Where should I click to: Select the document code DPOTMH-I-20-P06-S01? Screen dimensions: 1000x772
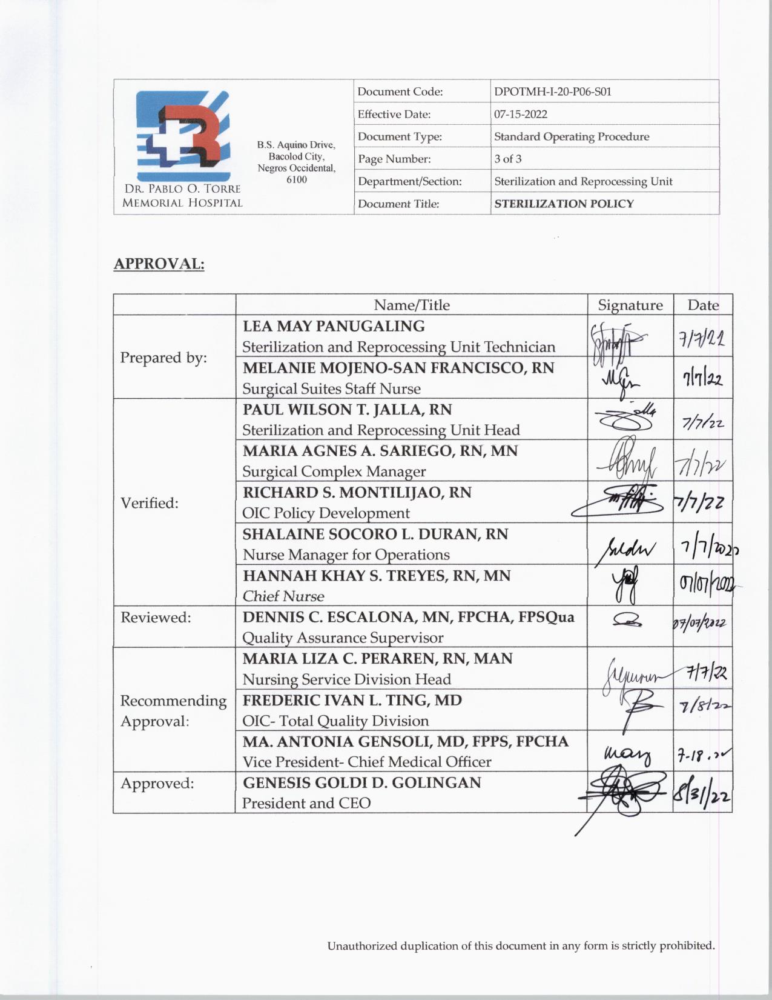552,92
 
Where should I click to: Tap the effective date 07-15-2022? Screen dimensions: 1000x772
521,114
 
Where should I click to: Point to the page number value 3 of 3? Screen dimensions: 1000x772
507,159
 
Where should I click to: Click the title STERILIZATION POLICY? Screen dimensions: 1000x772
564,204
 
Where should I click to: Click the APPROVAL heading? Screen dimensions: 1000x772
159,264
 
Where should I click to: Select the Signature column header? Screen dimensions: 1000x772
630,305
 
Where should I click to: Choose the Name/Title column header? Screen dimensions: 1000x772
411,305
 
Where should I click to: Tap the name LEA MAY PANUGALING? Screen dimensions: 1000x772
334,326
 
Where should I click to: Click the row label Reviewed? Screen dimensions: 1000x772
156,618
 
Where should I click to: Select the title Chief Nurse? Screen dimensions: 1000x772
283,596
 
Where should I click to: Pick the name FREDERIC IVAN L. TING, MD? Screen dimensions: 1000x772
352,701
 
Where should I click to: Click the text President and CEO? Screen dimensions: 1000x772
306,803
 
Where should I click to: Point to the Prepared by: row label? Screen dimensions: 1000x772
163,358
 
